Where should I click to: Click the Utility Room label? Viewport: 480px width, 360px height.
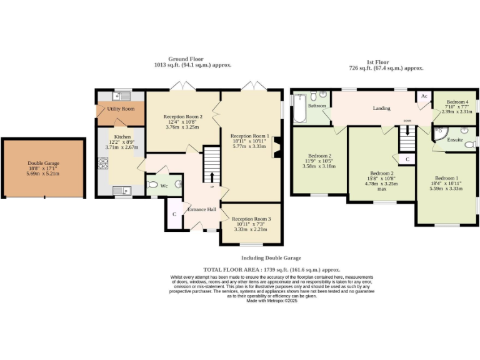(120, 109)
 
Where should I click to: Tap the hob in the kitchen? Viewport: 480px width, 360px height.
(102, 164)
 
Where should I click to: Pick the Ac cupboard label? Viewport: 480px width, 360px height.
(424, 96)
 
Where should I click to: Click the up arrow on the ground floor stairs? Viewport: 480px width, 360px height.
(211, 178)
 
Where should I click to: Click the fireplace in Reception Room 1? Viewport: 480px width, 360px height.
(275, 147)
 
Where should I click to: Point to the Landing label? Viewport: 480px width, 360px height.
(381, 108)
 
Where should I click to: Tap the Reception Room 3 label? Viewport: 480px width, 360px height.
(251, 219)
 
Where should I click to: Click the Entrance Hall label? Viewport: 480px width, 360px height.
(202, 209)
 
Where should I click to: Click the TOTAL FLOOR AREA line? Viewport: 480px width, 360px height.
(271, 269)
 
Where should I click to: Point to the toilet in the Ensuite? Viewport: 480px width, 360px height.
(470, 144)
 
